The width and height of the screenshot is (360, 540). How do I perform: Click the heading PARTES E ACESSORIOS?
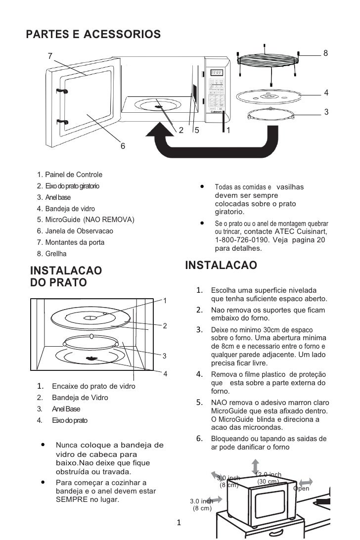93,34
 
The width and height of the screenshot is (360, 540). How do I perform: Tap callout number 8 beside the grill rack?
326,52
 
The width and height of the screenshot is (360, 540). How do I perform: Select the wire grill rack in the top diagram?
269,60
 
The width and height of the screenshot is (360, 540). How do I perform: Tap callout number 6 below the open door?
123,146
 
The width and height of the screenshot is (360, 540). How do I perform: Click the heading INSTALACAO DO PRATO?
66,276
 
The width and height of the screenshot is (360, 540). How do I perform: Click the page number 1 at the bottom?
179,522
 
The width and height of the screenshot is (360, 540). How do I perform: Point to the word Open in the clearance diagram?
301,489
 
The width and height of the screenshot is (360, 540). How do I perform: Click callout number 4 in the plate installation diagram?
165,373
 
